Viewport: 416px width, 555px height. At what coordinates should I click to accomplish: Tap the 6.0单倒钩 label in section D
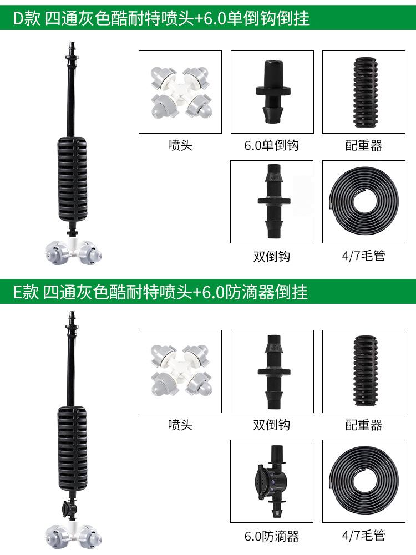pos(272,146)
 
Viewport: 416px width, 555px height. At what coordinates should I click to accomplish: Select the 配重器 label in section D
pos(364,146)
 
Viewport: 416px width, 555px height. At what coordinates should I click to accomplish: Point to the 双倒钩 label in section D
pos(272,256)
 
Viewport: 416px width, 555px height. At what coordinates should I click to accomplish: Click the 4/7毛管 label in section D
pos(364,256)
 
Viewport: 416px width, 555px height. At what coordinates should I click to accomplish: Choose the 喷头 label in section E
pos(180,425)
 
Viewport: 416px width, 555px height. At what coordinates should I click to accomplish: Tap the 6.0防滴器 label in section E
pos(272,536)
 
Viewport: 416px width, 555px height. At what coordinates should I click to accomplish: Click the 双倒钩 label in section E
pos(272,425)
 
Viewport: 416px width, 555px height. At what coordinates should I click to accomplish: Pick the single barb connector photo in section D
pos(272,92)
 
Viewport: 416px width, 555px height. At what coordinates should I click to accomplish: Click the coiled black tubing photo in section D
pos(364,202)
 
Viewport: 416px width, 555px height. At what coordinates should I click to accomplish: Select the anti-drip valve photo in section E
pos(272,481)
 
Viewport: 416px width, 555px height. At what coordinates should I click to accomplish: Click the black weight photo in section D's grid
pos(364,92)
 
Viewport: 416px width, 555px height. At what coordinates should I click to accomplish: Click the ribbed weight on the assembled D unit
pos(73,177)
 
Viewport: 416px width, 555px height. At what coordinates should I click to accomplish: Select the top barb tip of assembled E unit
pos(72,317)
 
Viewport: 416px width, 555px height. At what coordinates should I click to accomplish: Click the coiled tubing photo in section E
pos(364,481)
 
